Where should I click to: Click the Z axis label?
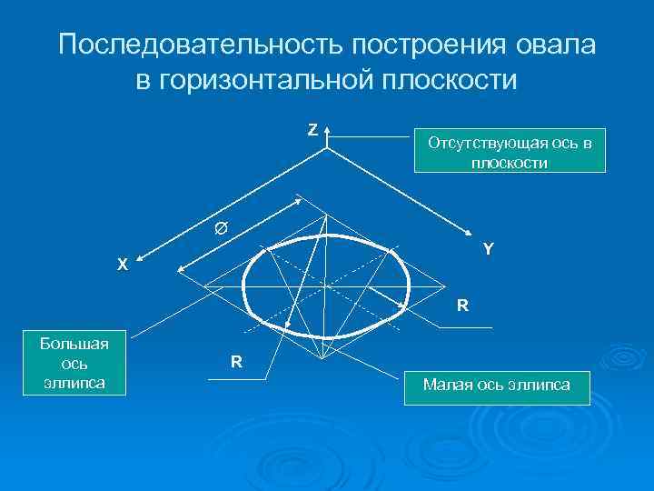[312, 130]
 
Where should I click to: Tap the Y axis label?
[489, 247]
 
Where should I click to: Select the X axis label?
[123, 266]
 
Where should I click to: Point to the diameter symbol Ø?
[221, 228]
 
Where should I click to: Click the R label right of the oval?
[462, 306]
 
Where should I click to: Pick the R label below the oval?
[236, 362]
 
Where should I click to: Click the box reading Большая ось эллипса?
[75, 363]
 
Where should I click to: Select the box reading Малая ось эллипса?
[496, 386]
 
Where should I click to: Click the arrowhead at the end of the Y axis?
[471, 234]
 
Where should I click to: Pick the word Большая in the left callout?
[75, 344]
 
